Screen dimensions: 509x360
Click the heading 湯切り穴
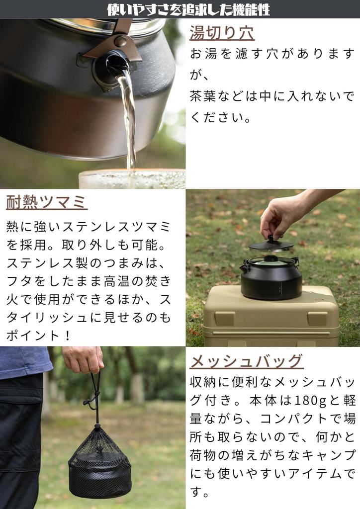[x=222, y=32]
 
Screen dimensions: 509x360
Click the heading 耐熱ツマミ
[x=47, y=202]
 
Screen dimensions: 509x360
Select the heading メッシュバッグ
[x=246, y=360]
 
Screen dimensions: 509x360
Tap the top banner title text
[x=188, y=9]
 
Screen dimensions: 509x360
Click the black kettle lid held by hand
[x=271, y=245]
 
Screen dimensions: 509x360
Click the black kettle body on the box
[x=271, y=281]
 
